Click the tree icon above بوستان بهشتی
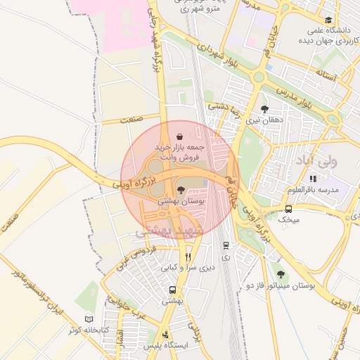[181, 189]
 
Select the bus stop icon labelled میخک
[289, 208]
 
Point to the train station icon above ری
[225, 245]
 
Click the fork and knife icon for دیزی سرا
[187, 257]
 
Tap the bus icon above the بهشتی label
[172, 290]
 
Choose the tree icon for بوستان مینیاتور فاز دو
[281, 274]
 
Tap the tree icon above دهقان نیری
[264, 109]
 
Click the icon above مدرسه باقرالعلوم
[313, 179]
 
